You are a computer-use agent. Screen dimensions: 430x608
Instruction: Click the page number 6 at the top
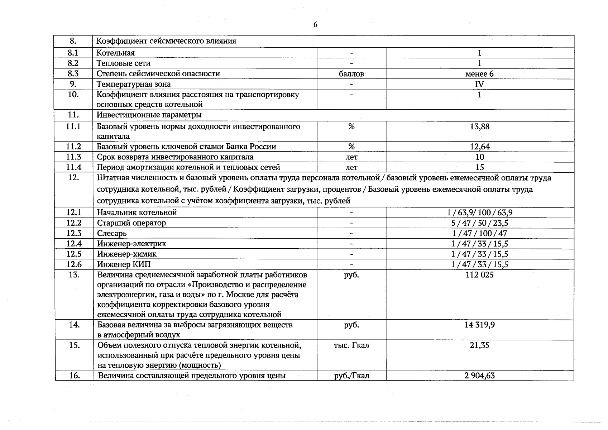[x=315, y=24]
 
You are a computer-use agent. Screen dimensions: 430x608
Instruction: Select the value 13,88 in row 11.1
[x=479, y=126]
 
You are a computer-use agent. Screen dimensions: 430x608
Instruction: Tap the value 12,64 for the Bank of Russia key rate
[x=479, y=147]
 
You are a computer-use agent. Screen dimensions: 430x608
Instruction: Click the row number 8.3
[x=73, y=73]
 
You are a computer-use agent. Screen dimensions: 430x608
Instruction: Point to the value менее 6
[x=479, y=74]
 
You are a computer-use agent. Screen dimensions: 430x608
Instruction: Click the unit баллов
[x=351, y=74]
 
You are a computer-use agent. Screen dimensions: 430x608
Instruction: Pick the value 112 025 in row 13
[x=479, y=275]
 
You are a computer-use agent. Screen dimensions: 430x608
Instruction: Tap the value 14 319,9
[x=479, y=325]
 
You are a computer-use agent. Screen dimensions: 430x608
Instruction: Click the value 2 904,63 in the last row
[x=479, y=376]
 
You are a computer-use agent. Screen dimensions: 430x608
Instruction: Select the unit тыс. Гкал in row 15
[x=351, y=345]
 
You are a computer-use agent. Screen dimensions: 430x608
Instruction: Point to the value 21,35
[x=479, y=345]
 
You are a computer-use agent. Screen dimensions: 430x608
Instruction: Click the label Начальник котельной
[x=137, y=212]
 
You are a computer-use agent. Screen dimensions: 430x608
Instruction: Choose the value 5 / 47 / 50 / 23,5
[x=479, y=223]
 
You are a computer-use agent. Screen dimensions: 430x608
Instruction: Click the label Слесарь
[x=112, y=233]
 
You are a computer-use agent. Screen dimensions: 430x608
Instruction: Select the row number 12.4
[x=74, y=244]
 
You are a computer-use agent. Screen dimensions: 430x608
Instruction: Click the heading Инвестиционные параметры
[x=149, y=115]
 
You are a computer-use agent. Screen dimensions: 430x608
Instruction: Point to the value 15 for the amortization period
[x=479, y=167]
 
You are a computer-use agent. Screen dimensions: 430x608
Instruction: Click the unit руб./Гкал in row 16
[x=351, y=376]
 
